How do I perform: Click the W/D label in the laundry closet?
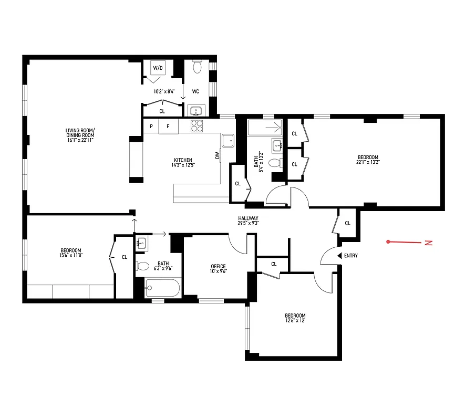click(x=158, y=68)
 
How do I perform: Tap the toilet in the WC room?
click(x=197, y=67)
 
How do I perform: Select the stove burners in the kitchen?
click(x=197, y=126)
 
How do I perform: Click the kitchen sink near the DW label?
click(x=228, y=140)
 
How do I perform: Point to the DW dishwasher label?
click(x=216, y=155)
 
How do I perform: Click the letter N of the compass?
click(x=429, y=243)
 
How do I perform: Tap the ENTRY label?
click(x=350, y=256)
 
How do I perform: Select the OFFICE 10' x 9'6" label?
click(x=218, y=269)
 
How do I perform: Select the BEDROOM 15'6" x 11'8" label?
click(x=71, y=253)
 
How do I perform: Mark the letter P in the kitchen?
click(x=151, y=127)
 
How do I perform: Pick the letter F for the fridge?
click(x=168, y=127)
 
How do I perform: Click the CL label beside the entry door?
click(x=347, y=223)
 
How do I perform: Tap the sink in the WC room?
click(x=195, y=111)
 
